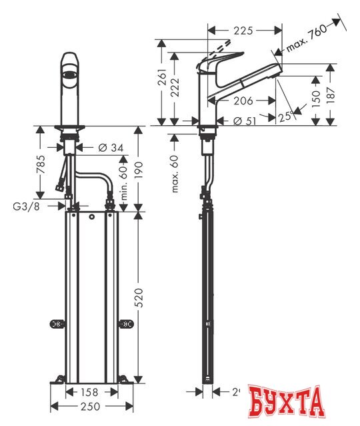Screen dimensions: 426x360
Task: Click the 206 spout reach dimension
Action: click(243, 101)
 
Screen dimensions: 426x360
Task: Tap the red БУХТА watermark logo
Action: click(287, 402)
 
